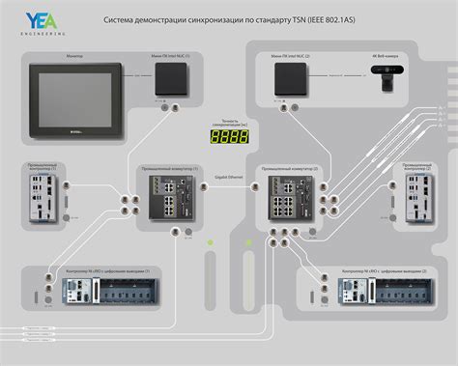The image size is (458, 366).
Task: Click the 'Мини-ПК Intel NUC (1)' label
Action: click(x=173, y=57)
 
